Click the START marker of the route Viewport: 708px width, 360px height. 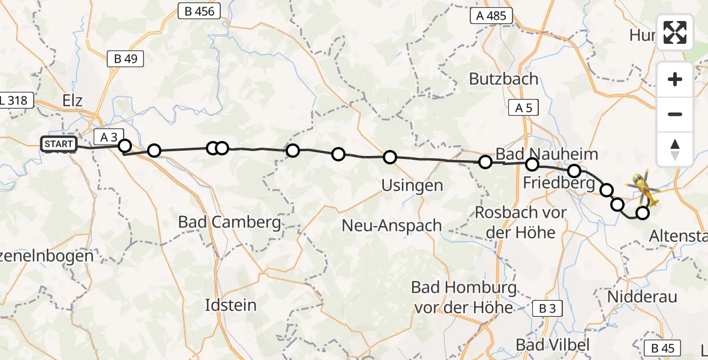pos(59,144)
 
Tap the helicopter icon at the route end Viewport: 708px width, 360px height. pos(643,187)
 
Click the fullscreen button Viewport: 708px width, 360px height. pos(675,32)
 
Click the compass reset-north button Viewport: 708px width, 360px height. pos(675,149)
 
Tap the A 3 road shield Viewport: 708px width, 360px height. pos(109,137)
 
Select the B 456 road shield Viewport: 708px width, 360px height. pos(200,11)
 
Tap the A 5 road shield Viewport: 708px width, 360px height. pos(523,108)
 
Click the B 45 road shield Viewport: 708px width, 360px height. pos(663,348)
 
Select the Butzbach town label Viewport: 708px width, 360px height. pos(503,79)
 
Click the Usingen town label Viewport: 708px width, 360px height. pos(412,185)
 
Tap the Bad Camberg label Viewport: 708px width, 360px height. pos(229,222)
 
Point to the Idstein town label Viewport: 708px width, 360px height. pos(230,305)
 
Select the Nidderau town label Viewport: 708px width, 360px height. pos(642,296)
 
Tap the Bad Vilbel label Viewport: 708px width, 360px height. pos(553,344)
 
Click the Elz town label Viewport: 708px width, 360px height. pos(71,100)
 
